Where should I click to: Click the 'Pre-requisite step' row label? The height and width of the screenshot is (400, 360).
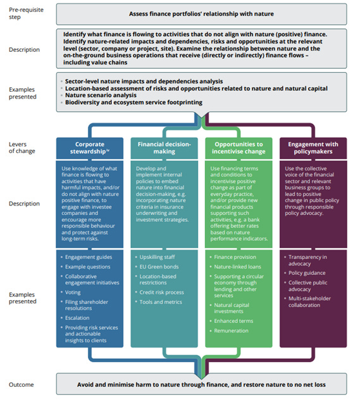click(x=23, y=13)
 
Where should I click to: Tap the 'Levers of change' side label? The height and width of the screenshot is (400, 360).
click(x=22, y=147)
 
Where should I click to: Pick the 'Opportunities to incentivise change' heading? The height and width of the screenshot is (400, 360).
click(x=239, y=148)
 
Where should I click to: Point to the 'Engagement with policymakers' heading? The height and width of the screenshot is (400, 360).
click(x=314, y=148)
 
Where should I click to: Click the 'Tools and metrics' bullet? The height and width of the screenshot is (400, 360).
click(x=162, y=302)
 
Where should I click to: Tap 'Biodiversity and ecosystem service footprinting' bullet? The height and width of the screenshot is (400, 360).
click(x=135, y=102)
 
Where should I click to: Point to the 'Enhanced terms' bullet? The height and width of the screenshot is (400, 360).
click(x=235, y=321)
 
